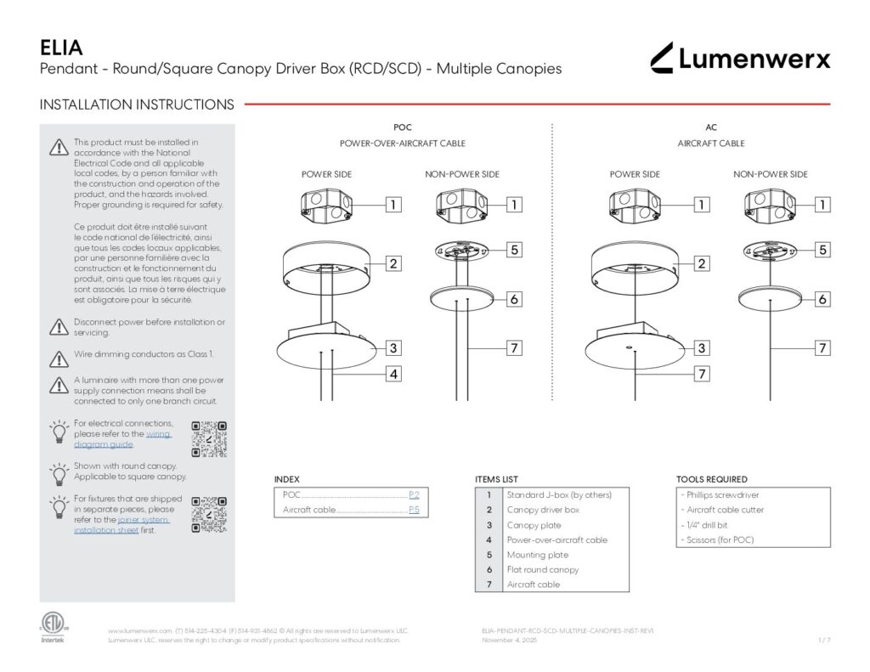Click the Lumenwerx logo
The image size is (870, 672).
coord(740,58)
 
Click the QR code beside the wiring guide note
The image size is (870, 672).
coord(209,438)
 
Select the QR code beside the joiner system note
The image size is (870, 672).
coord(209,514)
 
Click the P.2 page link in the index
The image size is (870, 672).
coord(414,494)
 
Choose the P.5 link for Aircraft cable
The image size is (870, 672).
coord(414,510)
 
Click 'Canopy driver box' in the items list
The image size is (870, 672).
coord(543,510)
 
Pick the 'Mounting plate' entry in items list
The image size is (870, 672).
coord(538,555)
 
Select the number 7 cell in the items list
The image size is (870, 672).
coord(489,584)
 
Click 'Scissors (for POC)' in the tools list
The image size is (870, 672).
coord(719,540)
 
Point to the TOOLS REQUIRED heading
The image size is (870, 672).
coord(712,479)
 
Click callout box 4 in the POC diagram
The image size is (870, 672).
coord(393,373)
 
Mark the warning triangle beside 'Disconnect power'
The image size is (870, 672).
coord(59,326)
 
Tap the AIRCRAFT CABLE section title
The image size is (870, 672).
coord(711,144)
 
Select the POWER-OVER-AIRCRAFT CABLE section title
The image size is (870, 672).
coord(403,144)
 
